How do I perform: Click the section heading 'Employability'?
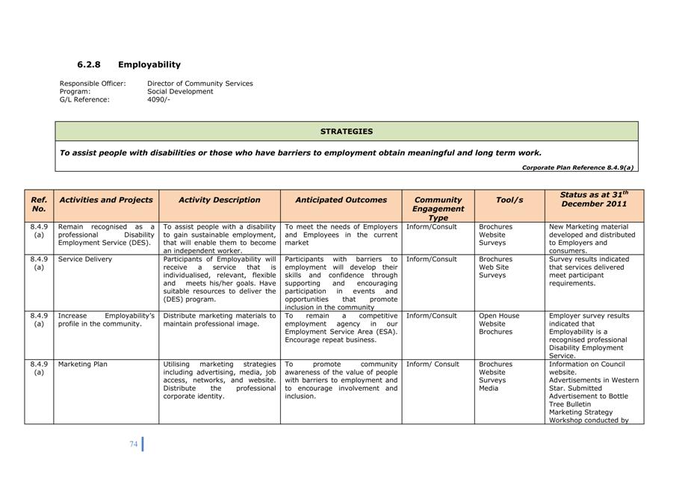coord(149,65)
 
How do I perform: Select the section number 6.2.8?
coord(89,65)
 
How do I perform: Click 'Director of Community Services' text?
coord(199,84)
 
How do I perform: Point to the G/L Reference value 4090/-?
coord(158,99)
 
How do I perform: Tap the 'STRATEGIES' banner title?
coord(346,131)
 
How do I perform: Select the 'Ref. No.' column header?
coord(39,204)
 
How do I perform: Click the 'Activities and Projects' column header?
coord(106,200)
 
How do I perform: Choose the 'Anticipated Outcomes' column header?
coord(341,200)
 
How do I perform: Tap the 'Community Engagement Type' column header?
coord(438,208)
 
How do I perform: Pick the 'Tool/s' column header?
coord(509,200)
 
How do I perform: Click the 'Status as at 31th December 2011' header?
coord(594,199)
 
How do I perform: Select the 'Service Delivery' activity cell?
coord(85,259)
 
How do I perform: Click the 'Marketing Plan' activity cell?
coord(83,365)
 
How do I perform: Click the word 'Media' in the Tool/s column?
coord(489,388)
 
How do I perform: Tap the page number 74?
coord(133,444)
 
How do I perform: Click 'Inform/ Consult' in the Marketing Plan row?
coord(433,365)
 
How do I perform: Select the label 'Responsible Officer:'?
coord(93,84)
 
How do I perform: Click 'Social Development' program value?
coord(180,91)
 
